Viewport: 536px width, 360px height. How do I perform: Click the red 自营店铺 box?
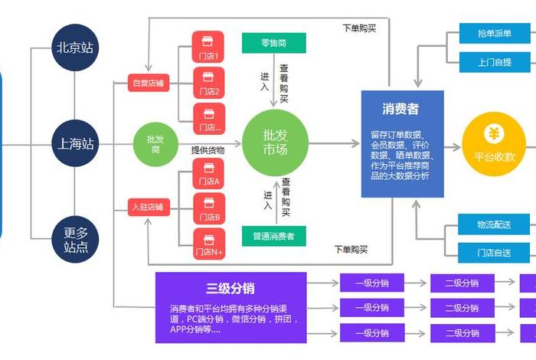pyautogui.click(x=148, y=83)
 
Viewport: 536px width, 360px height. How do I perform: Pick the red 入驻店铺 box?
pyautogui.click(x=148, y=208)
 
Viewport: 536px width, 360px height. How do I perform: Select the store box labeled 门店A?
pyautogui.click(x=208, y=174)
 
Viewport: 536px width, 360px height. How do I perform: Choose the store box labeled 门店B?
pyautogui.click(x=208, y=208)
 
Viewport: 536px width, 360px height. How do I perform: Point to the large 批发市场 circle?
pyautogui.click(x=274, y=142)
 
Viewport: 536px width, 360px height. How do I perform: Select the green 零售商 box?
pyautogui.click(x=273, y=43)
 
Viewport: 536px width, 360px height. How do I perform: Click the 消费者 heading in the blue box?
pyautogui.click(x=401, y=108)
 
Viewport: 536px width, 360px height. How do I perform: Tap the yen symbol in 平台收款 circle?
pyautogui.click(x=494, y=134)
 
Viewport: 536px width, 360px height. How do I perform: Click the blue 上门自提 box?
pyautogui.click(x=495, y=62)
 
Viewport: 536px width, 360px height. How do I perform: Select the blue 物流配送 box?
pyautogui.click(x=495, y=224)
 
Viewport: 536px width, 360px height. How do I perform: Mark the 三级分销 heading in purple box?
pyautogui.click(x=230, y=288)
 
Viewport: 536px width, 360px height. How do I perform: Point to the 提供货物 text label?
pyautogui.click(x=208, y=150)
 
